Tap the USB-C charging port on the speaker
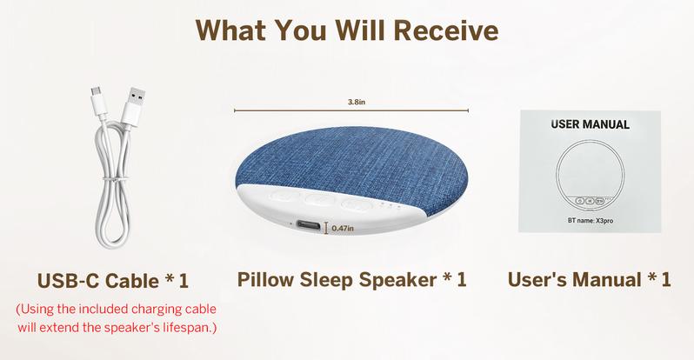point(307,226)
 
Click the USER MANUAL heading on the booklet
point(591,124)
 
